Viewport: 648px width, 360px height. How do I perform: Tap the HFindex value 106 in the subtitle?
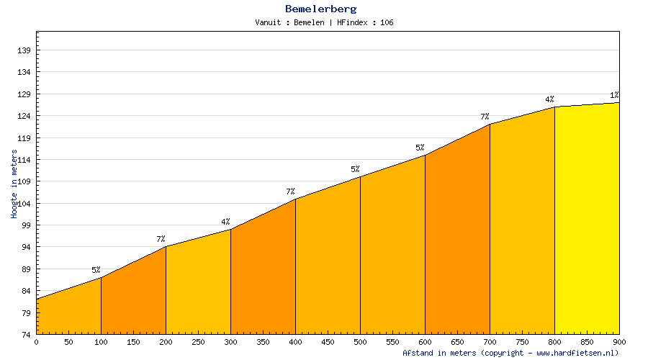tap(387, 22)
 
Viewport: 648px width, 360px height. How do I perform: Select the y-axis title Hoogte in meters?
tap(14, 184)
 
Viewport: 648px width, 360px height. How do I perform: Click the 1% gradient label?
tap(614, 95)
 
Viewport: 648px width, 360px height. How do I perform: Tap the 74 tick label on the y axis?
tap(27, 335)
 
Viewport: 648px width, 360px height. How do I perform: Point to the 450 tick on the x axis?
tap(328, 343)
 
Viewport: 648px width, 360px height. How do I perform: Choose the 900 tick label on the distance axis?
tap(619, 343)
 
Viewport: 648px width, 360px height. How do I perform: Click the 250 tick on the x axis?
tap(198, 343)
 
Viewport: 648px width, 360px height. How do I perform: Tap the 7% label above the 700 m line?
tap(485, 117)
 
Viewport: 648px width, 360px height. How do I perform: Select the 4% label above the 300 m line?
tap(225, 222)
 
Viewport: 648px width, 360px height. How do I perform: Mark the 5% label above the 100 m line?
tap(96, 270)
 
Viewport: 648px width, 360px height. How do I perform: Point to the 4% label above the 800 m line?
tap(549, 99)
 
